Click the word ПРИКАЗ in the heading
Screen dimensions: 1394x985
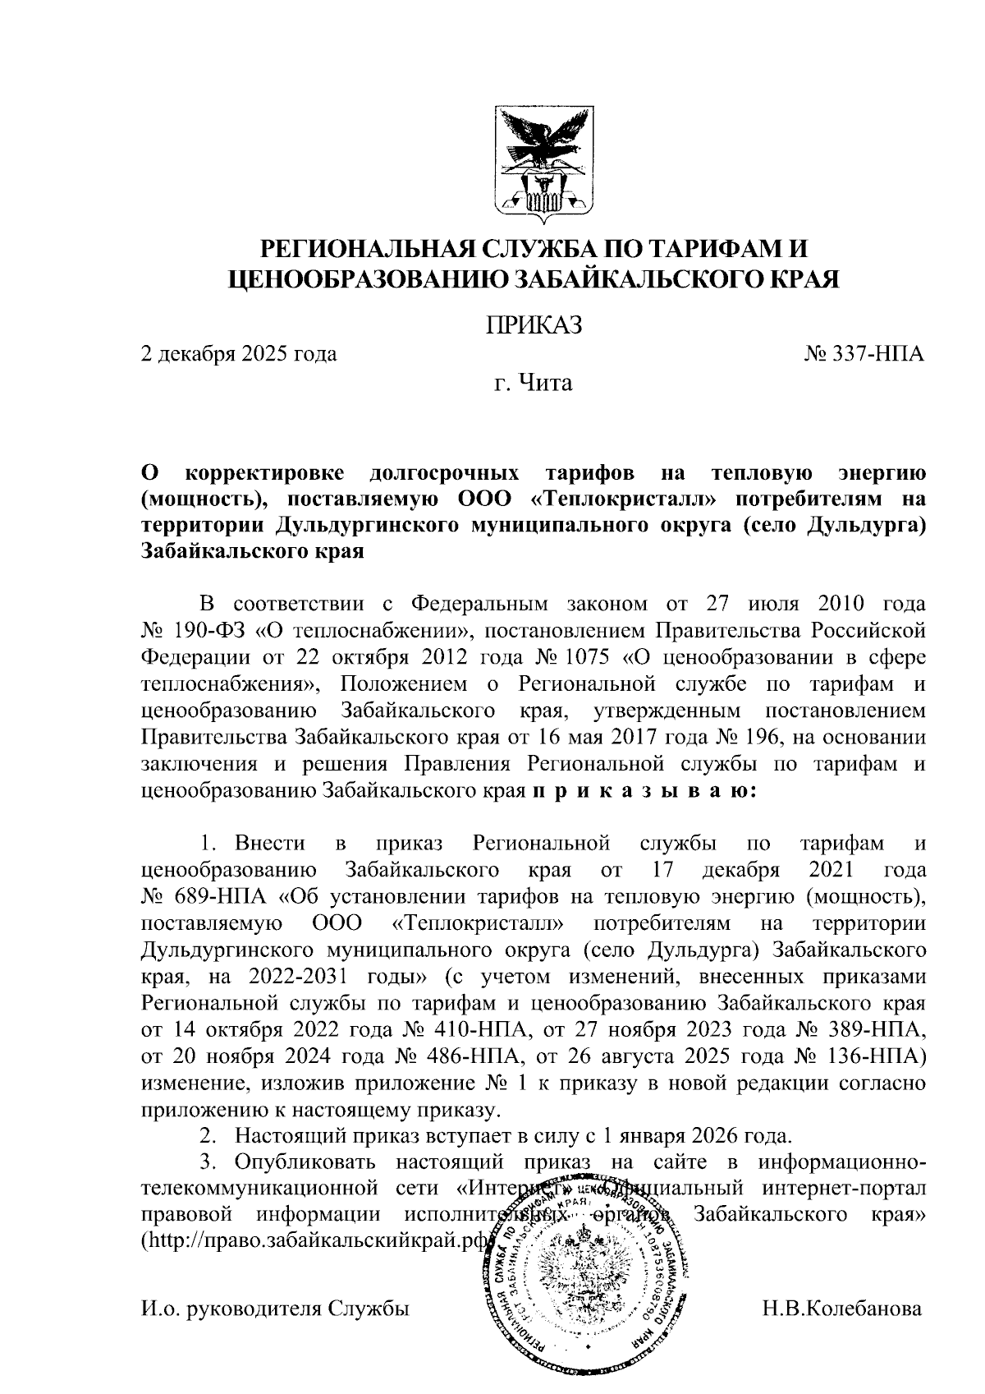pos(534,325)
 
